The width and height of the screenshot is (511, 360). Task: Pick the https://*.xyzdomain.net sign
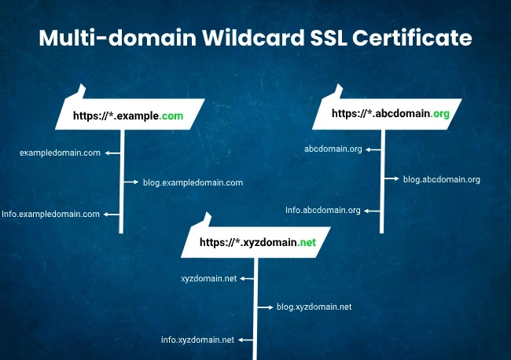(x=257, y=243)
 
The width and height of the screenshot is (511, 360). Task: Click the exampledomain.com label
(x=60, y=152)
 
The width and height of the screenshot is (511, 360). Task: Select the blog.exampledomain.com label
(x=193, y=182)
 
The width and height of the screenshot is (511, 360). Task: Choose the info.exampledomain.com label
(x=51, y=214)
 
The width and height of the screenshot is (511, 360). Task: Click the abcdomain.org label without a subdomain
(x=333, y=149)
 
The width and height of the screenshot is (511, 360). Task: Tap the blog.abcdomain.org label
(x=441, y=179)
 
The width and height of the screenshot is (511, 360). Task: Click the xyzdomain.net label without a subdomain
(x=208, y=278)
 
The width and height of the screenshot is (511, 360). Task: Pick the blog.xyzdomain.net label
(x=313, y=307)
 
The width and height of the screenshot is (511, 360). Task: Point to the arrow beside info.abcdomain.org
(x=373, y=211)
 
